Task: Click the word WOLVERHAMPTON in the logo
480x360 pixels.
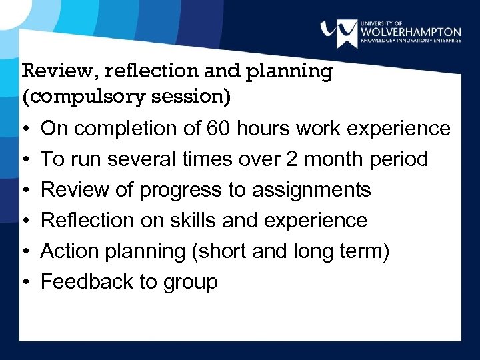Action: (x=410, y=31)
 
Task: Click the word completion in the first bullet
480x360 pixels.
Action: (x=127, y=128)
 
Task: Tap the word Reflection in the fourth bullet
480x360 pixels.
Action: (x=83, y=220)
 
